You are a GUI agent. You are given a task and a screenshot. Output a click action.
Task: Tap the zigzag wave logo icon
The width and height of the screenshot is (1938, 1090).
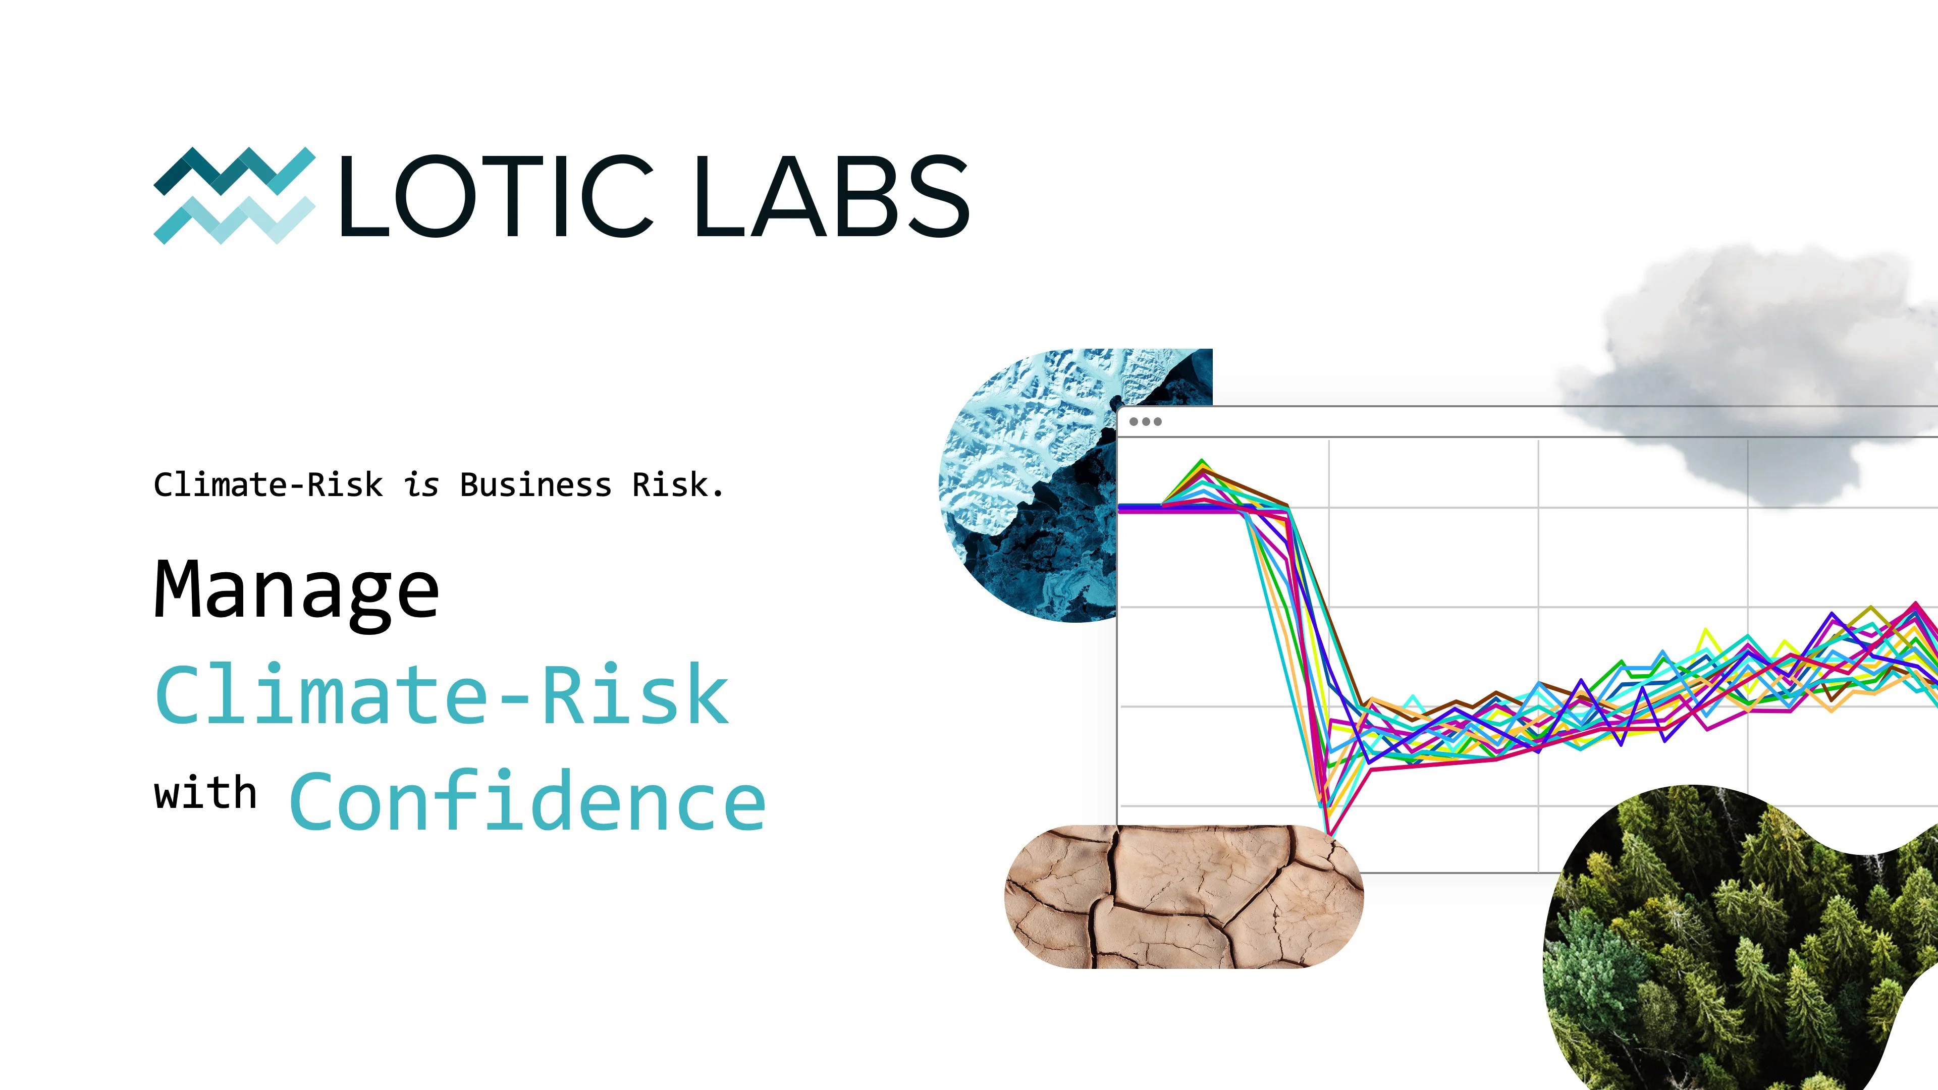click(x=234, y=196)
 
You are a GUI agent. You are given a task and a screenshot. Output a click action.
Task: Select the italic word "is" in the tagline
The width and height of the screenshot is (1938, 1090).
click(x=421, y=485)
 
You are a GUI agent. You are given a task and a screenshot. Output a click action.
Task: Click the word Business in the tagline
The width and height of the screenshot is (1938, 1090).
click(x=535, y=485)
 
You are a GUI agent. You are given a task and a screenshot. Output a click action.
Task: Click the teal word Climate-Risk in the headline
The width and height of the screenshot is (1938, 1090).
click(x=443, y=696)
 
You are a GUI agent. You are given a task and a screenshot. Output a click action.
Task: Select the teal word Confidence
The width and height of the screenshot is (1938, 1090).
click(x=527, y=802)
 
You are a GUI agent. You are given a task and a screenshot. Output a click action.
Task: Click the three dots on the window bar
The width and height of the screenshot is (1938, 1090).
click(x=1145, y=421)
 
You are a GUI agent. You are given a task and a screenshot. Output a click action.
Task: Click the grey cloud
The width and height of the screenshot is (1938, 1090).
click(x=1753, y=368)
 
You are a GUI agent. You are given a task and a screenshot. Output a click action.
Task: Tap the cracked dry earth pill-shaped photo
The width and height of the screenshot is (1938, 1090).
click(x=1183, y=896)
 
